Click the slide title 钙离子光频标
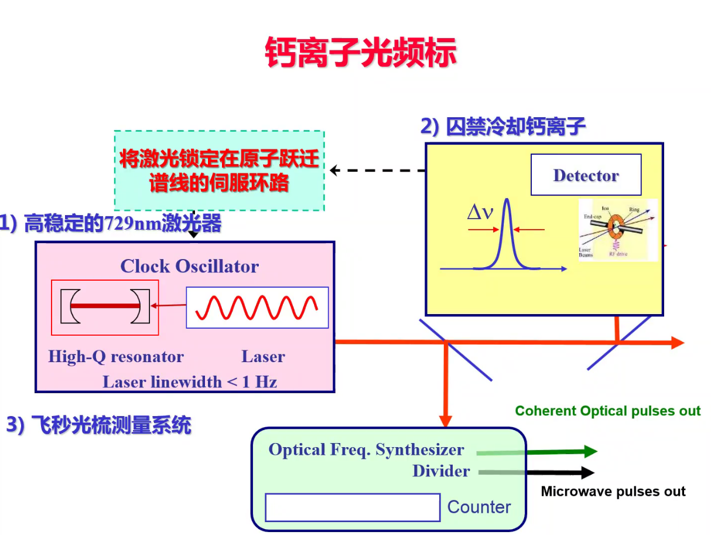pos(360,53)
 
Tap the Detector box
pos(586,175)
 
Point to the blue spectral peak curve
pos(507,234)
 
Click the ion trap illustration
pos(618,230)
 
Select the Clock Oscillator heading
pos(189,267)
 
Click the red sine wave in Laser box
pos(257,307)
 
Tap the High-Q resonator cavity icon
pos(105,306)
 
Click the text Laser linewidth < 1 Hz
pos(190,382)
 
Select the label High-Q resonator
pos(116,356)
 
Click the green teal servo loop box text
pos(219,171)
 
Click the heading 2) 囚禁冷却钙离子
pos(503,127)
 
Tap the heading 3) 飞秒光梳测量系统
pos(98,425)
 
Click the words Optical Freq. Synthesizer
pos(366,450)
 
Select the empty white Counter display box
pos(352,507)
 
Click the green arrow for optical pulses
pos(562,451)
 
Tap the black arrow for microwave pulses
pos(562,472)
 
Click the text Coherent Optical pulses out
pos(607,411)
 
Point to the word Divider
pos(441,471)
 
